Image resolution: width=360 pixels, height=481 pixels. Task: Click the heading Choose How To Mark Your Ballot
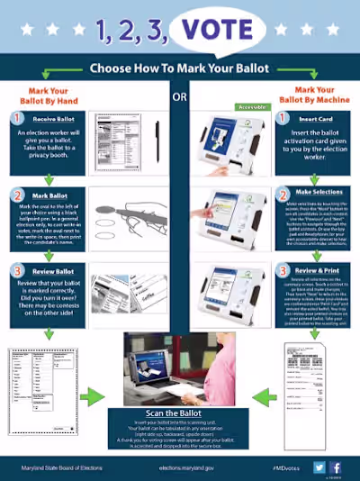[x=179, y=68]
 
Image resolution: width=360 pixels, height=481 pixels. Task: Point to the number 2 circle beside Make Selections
[x=283, y=195]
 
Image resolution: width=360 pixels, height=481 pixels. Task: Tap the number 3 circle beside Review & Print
[x=283, y=269]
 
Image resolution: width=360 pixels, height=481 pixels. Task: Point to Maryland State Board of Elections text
[x=59, y=467]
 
